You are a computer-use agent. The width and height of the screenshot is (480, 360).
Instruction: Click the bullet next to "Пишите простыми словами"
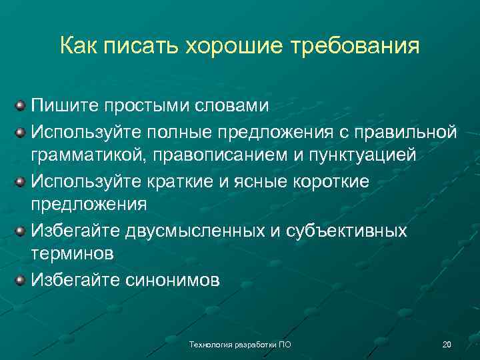(x=21, y=106)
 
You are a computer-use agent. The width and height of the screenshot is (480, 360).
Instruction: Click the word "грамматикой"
(x=89, y=155)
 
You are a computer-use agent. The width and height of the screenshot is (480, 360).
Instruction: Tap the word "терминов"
(x=73, y=254)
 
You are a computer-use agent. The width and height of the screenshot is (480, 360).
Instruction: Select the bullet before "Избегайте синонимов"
(x=21, y=280)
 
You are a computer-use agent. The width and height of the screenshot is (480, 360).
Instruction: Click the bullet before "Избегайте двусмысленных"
(x=21, y=231)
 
